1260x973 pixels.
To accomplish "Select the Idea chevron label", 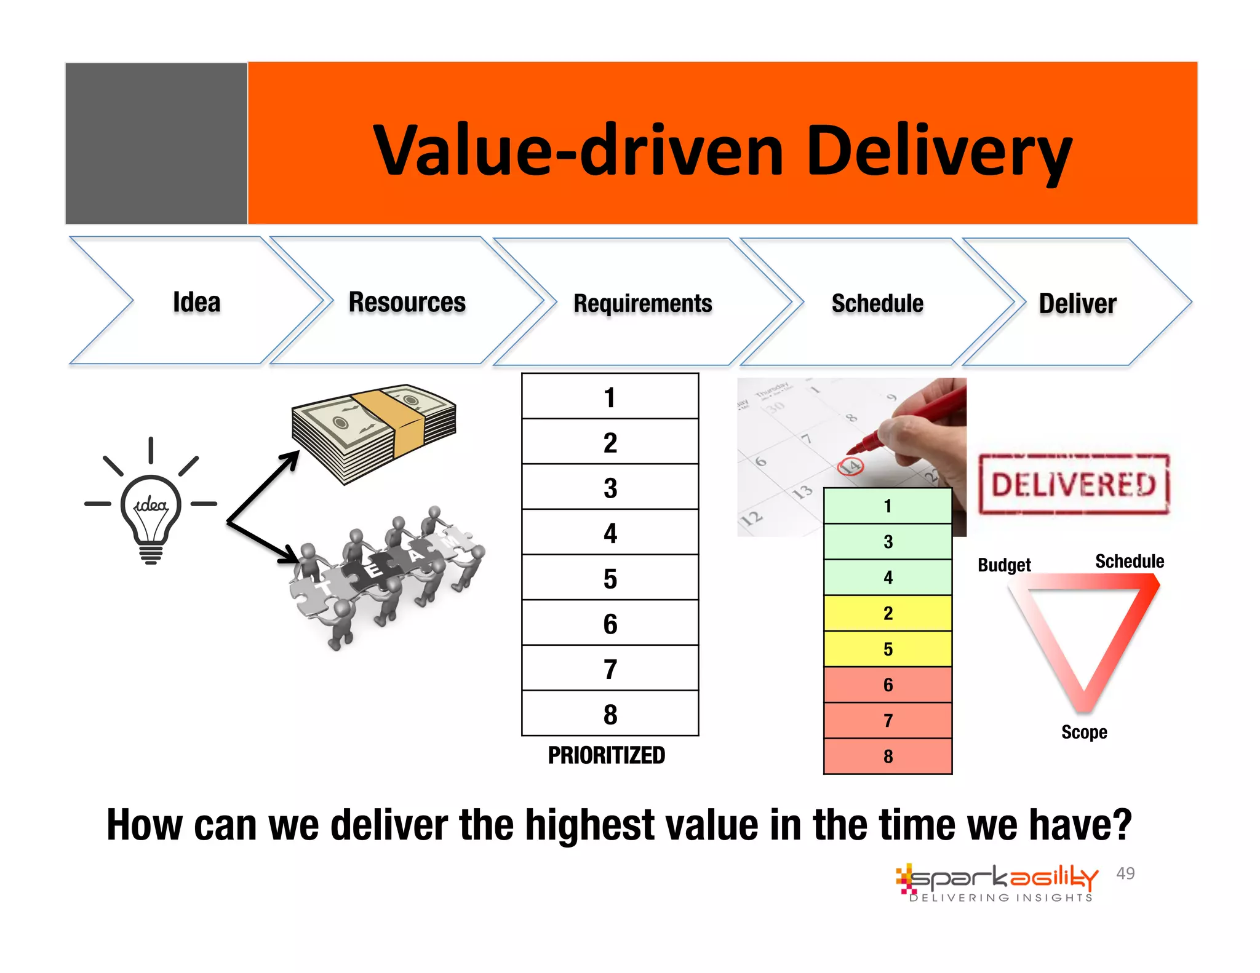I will point(196,302).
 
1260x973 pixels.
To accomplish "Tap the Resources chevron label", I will point(407,302).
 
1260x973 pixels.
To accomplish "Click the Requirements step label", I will point(642,303).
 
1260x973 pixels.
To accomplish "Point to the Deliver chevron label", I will point(1077,303).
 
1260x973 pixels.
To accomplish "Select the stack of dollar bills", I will point(374,434).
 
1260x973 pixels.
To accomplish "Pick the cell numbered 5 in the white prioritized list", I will point(610,578).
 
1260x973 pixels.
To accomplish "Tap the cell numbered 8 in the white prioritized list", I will point(610,714).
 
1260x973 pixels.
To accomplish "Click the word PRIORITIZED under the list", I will point(606,755).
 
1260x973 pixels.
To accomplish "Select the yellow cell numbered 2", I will point(888,613).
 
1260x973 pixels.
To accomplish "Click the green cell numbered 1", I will point(888,506).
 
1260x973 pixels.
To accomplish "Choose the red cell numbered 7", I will point(888,720).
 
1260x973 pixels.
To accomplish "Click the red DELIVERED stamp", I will point(1074,484).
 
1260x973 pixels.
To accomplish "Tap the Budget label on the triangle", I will point(1004,565).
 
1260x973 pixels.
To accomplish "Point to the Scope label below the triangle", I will point(1083,732).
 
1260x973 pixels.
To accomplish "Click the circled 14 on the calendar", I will point(851,467).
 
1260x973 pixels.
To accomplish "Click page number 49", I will point(1125,873).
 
